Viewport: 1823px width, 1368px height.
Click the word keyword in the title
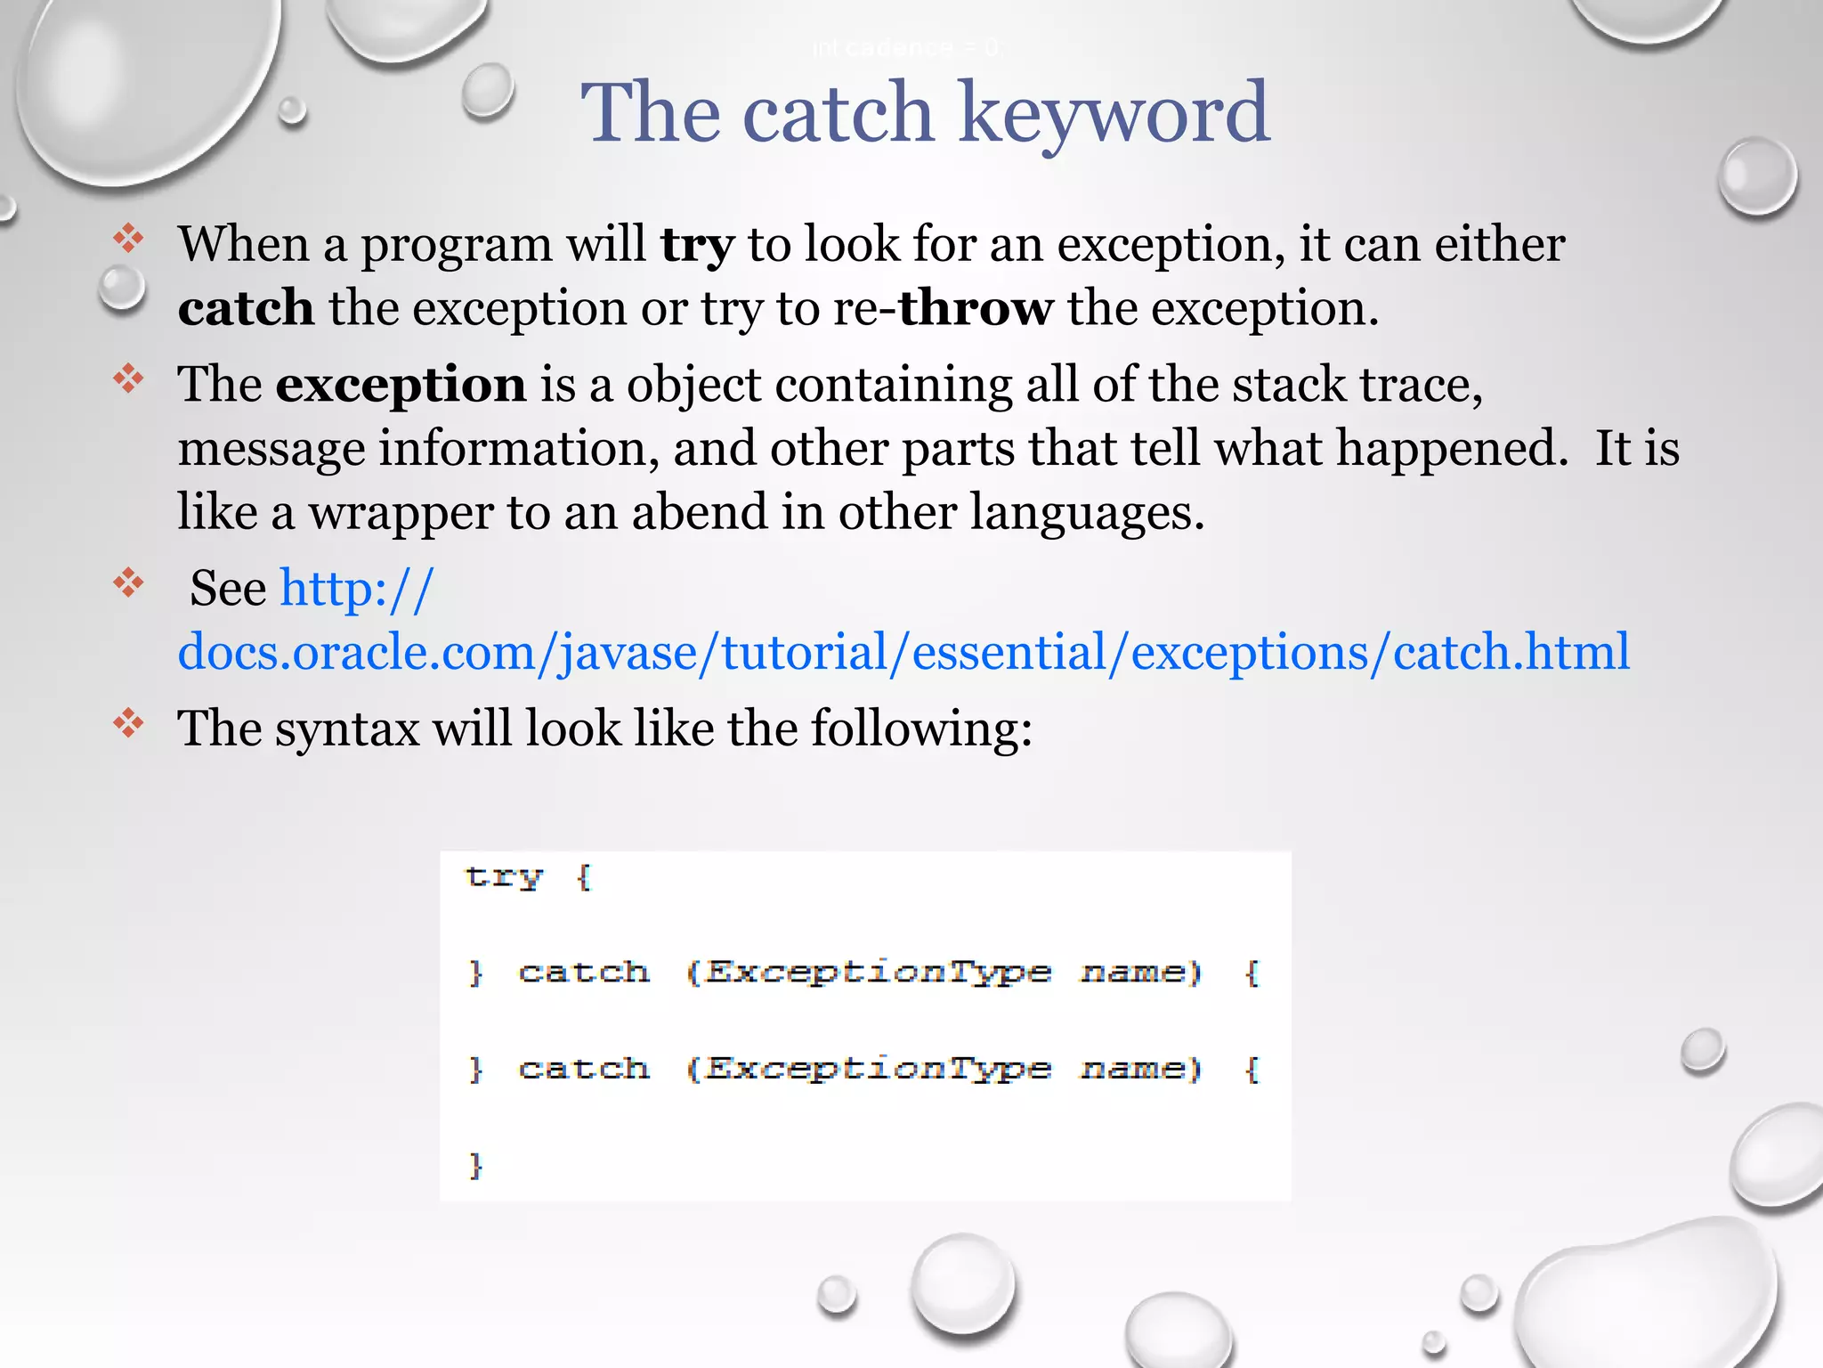1114,113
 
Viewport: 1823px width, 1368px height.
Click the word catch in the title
838,113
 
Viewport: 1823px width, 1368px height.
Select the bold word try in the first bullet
697,245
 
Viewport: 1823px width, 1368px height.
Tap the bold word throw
976,308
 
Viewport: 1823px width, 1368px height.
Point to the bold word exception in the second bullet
401,386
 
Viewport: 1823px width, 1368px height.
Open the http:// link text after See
357,589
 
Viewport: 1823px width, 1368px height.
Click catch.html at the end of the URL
1511,652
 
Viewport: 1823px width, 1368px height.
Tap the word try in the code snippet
504,877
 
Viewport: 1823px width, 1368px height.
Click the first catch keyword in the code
584,972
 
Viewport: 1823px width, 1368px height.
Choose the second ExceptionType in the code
878,1069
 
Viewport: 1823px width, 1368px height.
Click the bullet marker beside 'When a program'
129,239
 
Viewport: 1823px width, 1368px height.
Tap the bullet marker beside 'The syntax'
129,723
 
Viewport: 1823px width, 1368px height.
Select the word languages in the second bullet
1086,513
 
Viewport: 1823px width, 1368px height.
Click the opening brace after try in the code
584,877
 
